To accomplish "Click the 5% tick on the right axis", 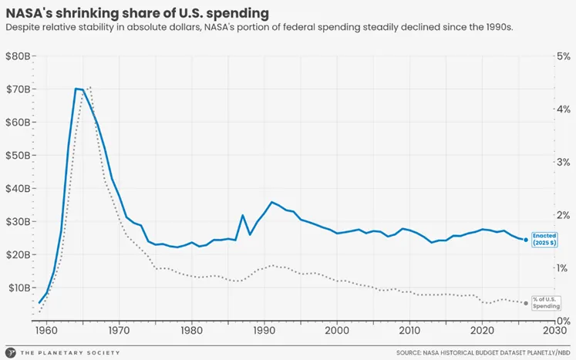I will click(x=562, y=56).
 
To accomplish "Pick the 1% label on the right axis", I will click(x=562, y=268).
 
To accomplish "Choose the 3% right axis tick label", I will click(x=562, y=163).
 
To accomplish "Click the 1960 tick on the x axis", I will click(x=46, y=331).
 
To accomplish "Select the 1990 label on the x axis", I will click(x=264, y=331).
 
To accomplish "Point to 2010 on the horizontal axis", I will click(x=409, y=331).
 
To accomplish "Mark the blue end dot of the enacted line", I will click(x=526, y=240).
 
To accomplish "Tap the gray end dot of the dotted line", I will click(x=526, y=303).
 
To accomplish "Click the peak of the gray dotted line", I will click(x=90, y=87).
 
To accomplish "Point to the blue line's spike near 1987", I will click(x=242, y=215).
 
